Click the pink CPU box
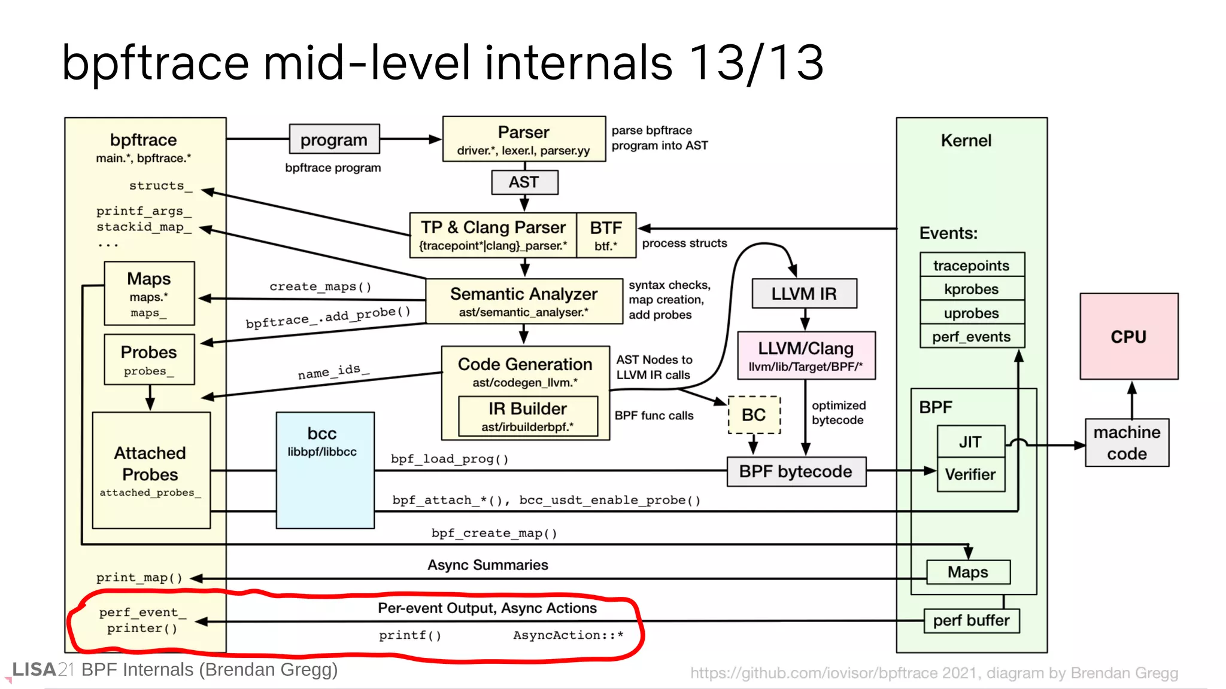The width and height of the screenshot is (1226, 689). pos(1128,336)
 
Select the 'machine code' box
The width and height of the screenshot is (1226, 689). pos(1127,443)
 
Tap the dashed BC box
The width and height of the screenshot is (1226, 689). pos(754,414)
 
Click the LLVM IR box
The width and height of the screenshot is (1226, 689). pos(804,294)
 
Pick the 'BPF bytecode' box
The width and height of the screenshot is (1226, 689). pos(796,471)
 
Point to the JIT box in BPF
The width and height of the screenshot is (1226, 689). pos(970,441)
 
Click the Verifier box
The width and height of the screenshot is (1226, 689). pos(970,474)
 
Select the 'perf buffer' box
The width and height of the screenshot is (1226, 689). pos(971,621)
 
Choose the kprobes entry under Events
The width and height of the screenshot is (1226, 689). pos(972,289)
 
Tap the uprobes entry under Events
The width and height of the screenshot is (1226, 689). pos(972,313)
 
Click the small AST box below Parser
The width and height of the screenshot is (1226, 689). pos(524,182)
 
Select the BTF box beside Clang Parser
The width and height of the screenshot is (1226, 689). pos(606,235)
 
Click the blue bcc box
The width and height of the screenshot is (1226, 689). pos(324,470)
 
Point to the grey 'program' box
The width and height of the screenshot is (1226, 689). pos(333,139)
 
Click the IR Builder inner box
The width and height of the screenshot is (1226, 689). pos(527,416)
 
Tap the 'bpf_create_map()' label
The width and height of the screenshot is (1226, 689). pos(494,533)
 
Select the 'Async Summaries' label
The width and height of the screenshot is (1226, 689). pos(487,565)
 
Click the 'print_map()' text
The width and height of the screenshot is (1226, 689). pos(139,578)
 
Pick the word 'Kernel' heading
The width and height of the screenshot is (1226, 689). pos(966,141)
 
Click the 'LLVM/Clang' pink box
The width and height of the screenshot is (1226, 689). pos(806,355)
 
